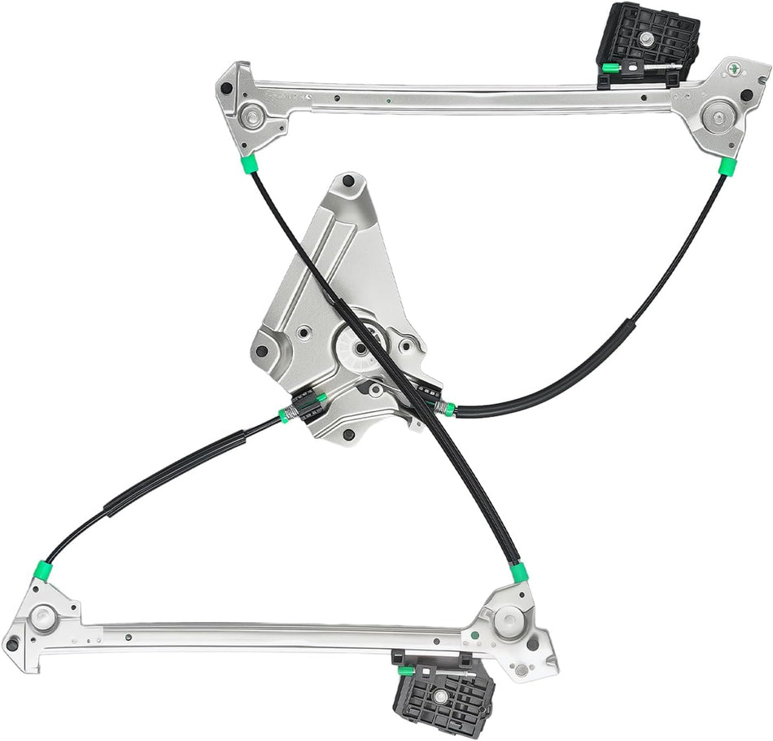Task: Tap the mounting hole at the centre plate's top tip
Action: click(x=348, y=179)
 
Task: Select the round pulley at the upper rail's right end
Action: click(x=718, y=116)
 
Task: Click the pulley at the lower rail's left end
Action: click(x=43, y=616)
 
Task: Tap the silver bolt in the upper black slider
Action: click(x=644, y=39)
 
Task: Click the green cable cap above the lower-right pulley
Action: click(x=518, y=572)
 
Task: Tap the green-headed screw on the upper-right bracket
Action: click(x=736, y=70)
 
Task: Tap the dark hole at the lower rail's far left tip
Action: click(x=11, y=646)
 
